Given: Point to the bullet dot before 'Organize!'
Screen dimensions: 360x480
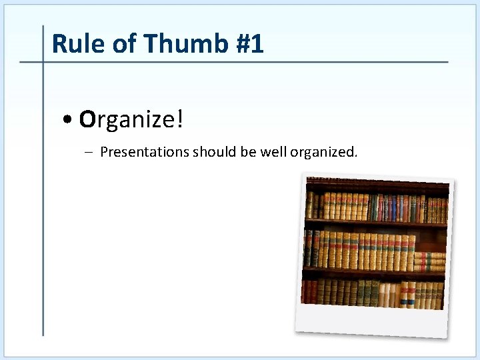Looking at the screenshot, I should (69, 121).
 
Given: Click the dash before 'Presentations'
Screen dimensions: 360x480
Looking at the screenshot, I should (90, 152).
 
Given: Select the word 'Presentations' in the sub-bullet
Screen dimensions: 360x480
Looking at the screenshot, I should (145, 152).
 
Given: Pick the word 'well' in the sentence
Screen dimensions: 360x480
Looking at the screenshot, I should (273, 152).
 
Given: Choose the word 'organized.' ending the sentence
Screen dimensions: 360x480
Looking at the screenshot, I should (323, 152).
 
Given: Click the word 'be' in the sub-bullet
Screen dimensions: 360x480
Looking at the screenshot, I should (248, 152).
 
